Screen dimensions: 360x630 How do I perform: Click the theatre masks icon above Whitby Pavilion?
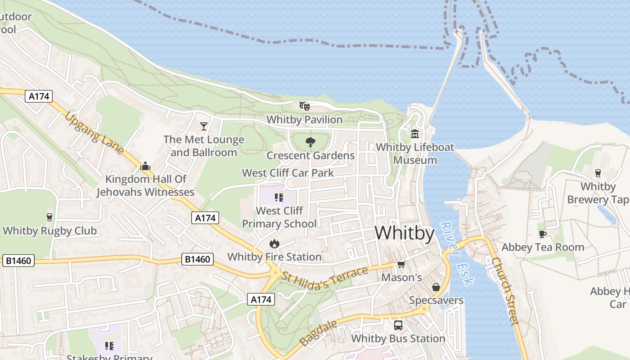point(305,107)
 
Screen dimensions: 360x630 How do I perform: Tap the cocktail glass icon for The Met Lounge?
point(204,126)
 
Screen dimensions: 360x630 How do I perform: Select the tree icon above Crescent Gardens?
point(310,143)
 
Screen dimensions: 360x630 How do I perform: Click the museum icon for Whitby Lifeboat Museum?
point(414,134)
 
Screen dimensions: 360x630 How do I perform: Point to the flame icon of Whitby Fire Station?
point(274,244)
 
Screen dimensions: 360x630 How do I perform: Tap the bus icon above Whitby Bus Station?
point(398,325)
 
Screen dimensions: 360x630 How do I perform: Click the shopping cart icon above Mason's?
point(401,265)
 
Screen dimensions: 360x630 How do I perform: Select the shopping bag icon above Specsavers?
point(436,287)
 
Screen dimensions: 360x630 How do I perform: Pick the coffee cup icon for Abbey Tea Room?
point(542,234)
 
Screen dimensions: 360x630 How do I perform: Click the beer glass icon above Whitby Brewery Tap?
point(598,173)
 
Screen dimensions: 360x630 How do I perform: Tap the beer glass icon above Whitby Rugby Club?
point(49,217)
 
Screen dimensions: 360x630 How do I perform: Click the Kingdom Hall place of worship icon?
point(145,166)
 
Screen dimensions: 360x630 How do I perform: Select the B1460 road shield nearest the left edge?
point(18,261)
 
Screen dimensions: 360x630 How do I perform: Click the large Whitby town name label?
point(404,233)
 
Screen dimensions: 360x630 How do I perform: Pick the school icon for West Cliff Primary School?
point(279,198)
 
